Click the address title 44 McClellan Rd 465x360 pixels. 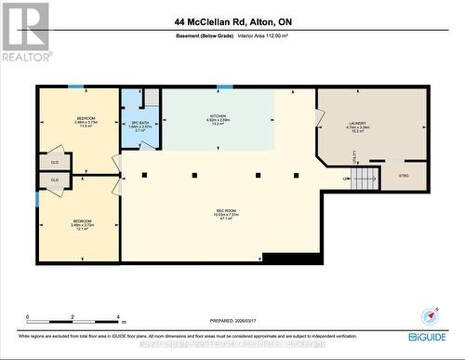[x=232, y=20]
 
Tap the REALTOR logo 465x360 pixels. [x=25, y=32]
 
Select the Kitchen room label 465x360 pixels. [x=218, y=121]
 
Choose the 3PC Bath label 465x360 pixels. [x=139, y=127]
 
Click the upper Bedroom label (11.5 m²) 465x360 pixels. [x=87, y=123]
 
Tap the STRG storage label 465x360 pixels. [x=403, y=175]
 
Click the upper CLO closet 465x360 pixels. [x=55, y=162]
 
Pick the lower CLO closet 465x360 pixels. [x=55, y=180]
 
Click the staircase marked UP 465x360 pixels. [x=365, y=178]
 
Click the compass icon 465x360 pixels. [x=428, y=316]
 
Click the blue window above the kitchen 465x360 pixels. [x=224, y=87]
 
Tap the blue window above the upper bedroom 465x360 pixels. [x=76, y=87]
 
